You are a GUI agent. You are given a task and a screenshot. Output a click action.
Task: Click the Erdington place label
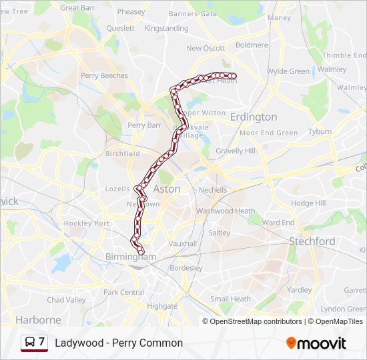253,117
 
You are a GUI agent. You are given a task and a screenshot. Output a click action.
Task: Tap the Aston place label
167,189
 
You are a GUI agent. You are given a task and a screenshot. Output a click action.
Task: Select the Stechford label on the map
312,241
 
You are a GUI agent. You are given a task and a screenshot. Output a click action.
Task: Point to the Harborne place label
38,319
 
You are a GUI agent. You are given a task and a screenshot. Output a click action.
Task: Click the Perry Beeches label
104,75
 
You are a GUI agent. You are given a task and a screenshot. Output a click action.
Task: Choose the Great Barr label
78,8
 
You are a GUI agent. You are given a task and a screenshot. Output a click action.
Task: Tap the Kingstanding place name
166,29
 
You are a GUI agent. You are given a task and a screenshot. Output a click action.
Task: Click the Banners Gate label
193,13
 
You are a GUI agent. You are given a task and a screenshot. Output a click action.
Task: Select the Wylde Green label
288,71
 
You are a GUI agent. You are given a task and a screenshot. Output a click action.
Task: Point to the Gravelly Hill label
236,151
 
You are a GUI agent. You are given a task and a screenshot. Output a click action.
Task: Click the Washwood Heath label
226,211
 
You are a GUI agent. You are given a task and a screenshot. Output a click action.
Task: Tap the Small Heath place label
230,299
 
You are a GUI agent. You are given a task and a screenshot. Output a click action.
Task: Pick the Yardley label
300,290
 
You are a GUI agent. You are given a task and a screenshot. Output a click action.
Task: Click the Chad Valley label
66,300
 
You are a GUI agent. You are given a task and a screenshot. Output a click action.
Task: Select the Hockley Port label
86,223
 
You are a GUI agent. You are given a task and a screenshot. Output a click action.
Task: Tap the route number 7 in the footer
42,342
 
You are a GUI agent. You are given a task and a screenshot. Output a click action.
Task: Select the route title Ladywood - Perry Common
119,343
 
